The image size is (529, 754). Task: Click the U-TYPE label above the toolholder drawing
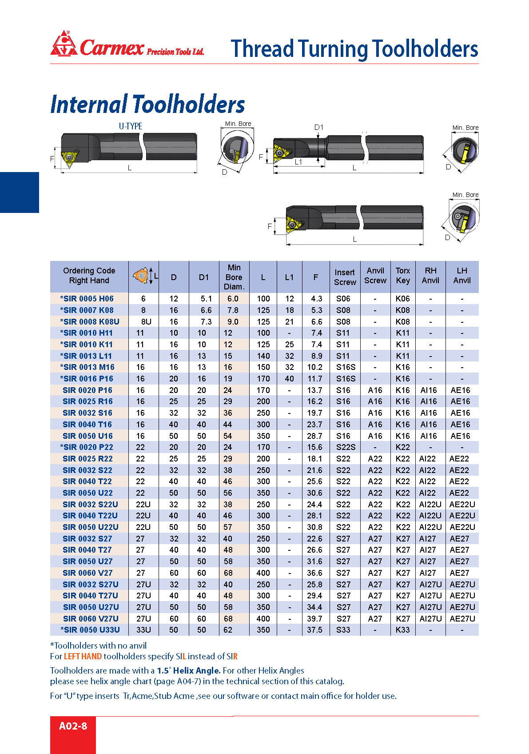(131, 126)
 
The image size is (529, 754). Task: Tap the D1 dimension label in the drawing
(319, 128)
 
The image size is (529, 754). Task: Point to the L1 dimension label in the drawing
(298, 162)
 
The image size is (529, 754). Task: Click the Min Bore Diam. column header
(234, 277)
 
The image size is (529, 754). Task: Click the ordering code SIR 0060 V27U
(91, 618)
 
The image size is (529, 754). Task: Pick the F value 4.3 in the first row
(316, 299)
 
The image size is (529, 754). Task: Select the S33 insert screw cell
(343, 630)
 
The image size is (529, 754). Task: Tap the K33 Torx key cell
(402, 630)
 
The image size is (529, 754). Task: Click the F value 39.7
(314, 618)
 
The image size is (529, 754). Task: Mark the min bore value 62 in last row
(228, 630)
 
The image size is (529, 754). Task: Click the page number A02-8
(73, 726)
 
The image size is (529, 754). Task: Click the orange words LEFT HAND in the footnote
(83, 656)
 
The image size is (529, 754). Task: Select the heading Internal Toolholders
(147, 104)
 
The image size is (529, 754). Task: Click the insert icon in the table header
(141, 276)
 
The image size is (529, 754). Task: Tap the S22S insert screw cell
(346, 447)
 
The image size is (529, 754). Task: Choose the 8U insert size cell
(146, 321)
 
